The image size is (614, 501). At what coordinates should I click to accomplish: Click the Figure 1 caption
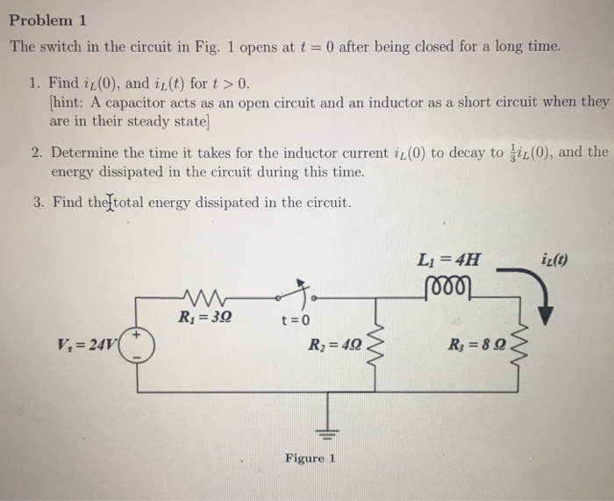310,458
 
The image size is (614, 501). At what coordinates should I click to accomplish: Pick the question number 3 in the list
38,203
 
